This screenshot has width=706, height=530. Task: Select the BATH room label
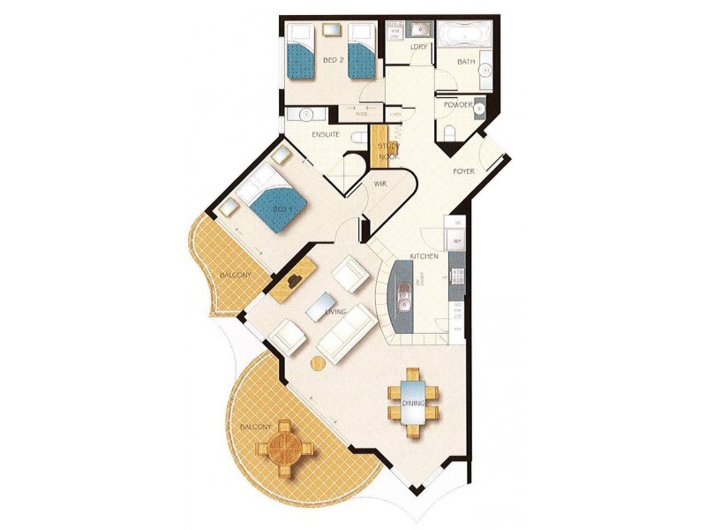point(466,62)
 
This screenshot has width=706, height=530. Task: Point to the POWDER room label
point(459,104)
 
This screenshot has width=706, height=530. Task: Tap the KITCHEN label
point(424,256)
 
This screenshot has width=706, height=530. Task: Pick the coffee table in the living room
point(319,306)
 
